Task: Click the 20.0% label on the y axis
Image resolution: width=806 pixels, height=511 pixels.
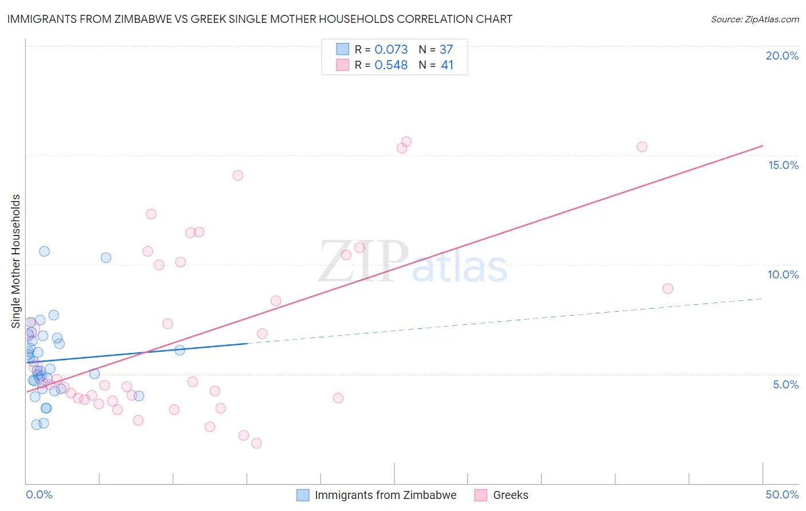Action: pos(782,56)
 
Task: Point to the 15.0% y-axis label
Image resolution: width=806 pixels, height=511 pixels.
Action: pos(783,165)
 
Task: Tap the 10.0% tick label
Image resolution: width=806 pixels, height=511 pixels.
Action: pos(783,274)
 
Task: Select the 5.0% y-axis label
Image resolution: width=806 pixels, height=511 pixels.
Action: pos(785,384)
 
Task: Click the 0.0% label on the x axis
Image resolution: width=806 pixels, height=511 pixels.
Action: pos(39,494)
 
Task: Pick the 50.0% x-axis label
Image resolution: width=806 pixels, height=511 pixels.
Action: pos(782,494)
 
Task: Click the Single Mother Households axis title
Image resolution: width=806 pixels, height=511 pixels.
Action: pos(16,261)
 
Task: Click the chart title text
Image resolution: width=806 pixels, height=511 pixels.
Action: pos(260,19)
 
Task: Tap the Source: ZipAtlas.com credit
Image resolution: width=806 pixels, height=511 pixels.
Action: pos(754,19)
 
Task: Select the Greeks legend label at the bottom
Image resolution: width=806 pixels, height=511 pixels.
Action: pos(510,495)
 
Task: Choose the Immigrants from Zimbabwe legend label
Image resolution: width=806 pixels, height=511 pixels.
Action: pos(385,495)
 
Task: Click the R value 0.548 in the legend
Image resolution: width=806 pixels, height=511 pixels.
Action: pos(391,65)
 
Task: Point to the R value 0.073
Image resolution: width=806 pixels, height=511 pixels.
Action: pos(391,50)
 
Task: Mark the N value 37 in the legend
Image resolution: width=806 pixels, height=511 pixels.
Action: pos(446,50)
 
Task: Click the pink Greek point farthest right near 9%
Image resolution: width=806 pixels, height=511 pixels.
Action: pos(667,289)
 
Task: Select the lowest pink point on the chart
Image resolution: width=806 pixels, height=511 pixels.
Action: pos(256,443)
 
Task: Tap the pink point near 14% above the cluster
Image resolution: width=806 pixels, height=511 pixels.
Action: pos(238,175)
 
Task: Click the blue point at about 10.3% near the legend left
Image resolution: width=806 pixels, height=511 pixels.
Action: pos(106,258)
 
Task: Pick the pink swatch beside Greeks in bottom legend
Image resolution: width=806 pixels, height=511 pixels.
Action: pos(480,495)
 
